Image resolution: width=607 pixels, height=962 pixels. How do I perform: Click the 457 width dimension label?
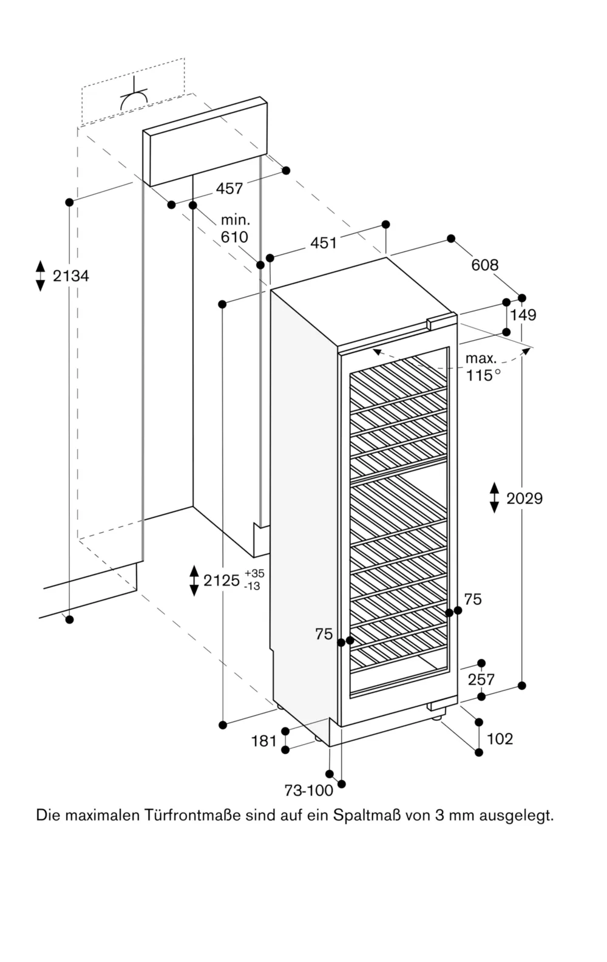(229, 189)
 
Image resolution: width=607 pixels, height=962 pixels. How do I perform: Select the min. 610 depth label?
(234, 229)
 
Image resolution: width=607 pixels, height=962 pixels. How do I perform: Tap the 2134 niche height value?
(70, 276)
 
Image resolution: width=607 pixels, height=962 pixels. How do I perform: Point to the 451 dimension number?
(323, 243)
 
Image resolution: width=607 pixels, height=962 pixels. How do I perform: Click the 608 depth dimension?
(484, 265)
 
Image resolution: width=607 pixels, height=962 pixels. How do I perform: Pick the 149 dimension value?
(523, 315)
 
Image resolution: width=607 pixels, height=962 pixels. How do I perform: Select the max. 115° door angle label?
(483, 367)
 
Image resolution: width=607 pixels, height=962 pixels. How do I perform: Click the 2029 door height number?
(524, 499)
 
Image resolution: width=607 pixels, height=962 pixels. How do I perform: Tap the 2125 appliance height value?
(222, 581)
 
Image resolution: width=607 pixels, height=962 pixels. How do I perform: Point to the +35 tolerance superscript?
(255, 573)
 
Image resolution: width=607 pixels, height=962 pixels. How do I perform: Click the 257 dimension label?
(481, 680)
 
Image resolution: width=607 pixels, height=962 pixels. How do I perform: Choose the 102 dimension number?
(500, 739)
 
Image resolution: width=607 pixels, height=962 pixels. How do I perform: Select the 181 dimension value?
(264, 741)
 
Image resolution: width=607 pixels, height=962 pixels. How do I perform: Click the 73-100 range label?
(308, 790)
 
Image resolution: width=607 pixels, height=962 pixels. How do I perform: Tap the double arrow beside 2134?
(40, 276)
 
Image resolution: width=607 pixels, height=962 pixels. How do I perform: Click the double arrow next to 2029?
(494, 498)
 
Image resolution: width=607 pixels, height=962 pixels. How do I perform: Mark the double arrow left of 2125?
(194, 580)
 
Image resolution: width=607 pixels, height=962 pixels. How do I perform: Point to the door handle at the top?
(441, 321)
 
